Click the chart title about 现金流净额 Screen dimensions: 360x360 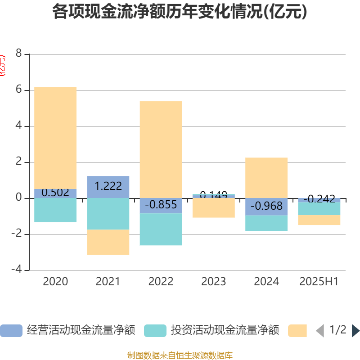180,12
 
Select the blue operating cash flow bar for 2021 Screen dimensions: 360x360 108,187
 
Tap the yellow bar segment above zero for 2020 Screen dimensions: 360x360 55,137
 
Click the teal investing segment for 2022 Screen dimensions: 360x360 161,229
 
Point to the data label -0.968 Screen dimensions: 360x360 266,207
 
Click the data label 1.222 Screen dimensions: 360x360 108,186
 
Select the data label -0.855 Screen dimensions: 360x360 161,205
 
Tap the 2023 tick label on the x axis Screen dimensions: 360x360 214,282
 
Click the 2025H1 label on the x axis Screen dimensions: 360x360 319,282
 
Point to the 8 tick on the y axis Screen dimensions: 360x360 18,54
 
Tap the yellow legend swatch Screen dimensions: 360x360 297,331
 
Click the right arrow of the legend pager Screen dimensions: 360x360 355,331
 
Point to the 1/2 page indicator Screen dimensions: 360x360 337,330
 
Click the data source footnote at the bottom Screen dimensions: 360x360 180,355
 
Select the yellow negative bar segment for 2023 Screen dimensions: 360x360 214,208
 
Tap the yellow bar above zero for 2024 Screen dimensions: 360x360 266,177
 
